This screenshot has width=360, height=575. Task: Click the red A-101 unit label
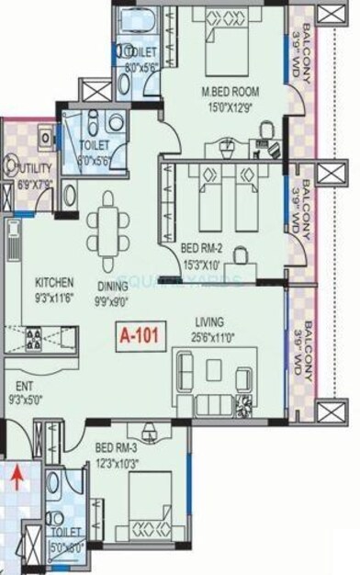point(141,336)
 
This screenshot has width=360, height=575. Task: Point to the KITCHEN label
point(55,282)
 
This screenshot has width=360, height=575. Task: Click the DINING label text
point(112,285)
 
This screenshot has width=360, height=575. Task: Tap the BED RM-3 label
point(116,446)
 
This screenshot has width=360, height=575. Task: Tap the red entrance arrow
point(16,476)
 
